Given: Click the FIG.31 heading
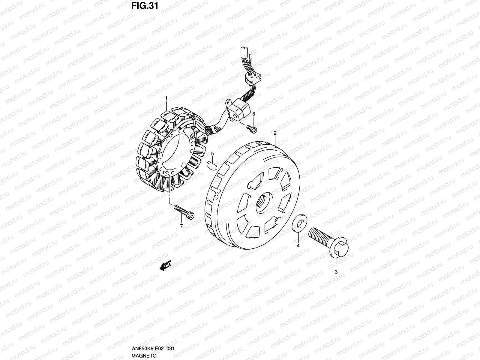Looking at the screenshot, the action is pos(145,6).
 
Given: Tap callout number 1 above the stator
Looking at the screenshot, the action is pos(166,98).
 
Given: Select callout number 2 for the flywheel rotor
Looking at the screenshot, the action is pos(275,133).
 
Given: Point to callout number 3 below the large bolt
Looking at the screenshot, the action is pos(336,272).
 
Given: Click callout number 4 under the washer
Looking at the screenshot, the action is pos(298,246).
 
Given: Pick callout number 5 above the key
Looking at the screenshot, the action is pos(212,154).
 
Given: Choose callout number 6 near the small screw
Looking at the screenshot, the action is pos(254,114).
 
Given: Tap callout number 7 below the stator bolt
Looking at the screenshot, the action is pos(181,226).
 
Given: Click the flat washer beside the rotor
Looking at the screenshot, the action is pos(300,223).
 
